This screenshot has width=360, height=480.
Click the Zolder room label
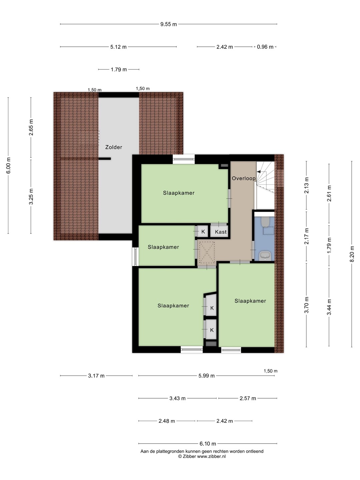pos(114,147)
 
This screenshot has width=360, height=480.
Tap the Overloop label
pos(244,178)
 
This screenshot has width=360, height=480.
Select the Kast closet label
pos(221,232)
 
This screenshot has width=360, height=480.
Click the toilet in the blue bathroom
pos(265,222)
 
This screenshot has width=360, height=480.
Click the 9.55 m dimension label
pos(169,24)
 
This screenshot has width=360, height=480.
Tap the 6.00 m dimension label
pos(8,165)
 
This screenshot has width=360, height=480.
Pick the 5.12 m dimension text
pos(118,47)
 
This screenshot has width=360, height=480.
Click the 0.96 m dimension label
pos(265,47)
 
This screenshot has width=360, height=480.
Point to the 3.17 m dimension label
pos(96,376)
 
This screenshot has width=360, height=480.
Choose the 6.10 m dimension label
pos(208,444)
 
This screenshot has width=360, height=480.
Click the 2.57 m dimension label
pos(248,398)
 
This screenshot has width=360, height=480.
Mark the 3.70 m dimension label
pos(306,305)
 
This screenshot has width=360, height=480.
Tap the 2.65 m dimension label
pos(31,127)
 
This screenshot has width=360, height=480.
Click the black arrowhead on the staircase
pos(259,172)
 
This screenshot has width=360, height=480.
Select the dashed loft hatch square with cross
pos(206,253)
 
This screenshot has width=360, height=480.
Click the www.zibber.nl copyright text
pos(202,456)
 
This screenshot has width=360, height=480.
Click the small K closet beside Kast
pos(203,232)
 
